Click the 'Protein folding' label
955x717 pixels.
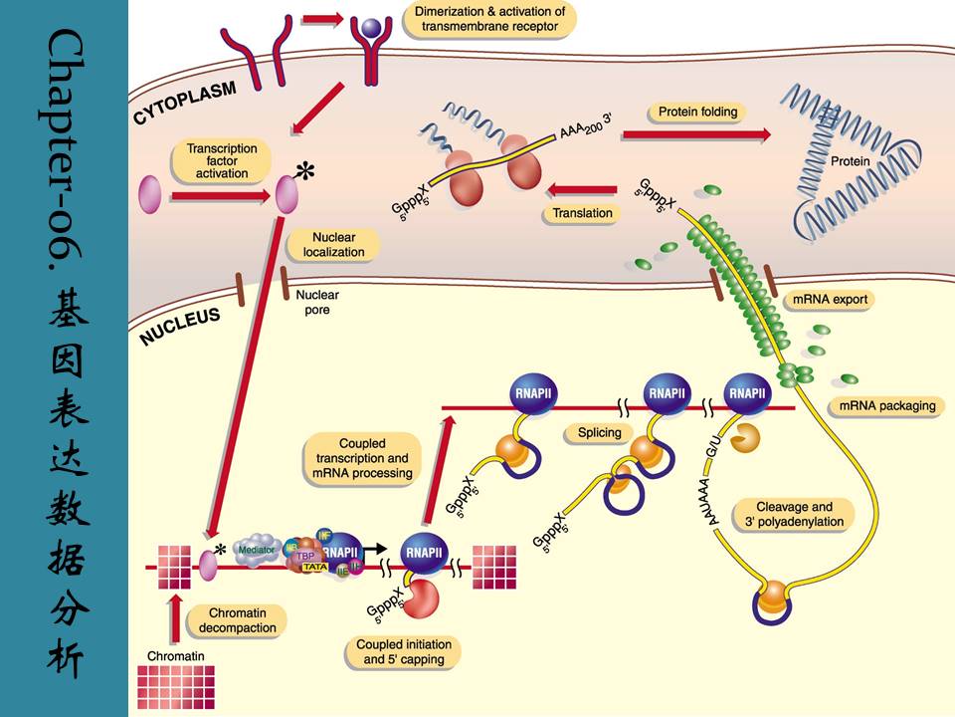click(697, 112)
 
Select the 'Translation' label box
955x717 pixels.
click(581, 213)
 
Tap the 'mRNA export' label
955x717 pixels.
click(830, 299)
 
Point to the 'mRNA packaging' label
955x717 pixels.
click(887, 406)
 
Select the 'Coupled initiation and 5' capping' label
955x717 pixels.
click(403, 652)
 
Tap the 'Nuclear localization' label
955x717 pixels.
click(333, 245)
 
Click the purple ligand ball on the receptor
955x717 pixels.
click(370, 32)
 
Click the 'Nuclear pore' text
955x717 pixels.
click(317, 302)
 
